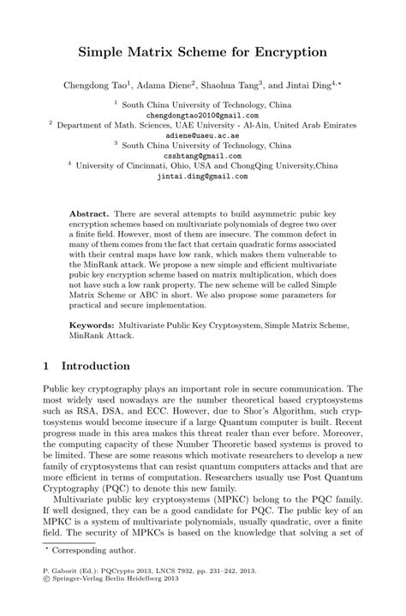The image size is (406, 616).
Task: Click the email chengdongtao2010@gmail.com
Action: pyautogui.click(x=202, y=113)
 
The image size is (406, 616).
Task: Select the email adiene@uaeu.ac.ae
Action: pyautogui.click(x=202, y=134)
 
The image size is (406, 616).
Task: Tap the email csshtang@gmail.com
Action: pyautogui.click(x=202, y=155)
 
